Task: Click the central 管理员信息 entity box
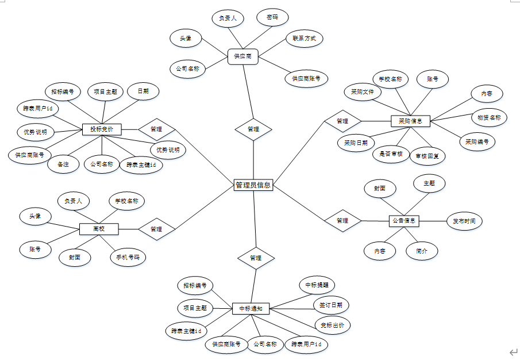click(x=253, y=185)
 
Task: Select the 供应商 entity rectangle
click(x=243, y=56)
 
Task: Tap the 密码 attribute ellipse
click(x=272, y=18)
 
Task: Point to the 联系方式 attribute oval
click(x=304, y=39)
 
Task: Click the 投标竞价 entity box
click(x=102, y=129)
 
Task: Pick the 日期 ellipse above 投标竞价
click(x=142, y=91)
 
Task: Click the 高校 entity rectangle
click(x=99, y=229)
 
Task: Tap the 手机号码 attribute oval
click(x=128, y=256)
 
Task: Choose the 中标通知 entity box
click(x=251, y=309)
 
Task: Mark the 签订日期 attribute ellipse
click(x=330, y=305)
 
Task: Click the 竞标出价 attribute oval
click(x=333, y=325)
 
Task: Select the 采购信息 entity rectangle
click(x=410, y=121)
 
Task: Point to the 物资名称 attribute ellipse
click(x=489, y=118)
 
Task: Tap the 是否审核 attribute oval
click(x=391, y=154)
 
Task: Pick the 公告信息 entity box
click(x=405, y=220)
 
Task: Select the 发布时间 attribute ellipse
click(x=464, y=220)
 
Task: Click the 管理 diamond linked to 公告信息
click(x=342, y=220)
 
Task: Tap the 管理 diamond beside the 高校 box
click(x=156, y=229)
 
